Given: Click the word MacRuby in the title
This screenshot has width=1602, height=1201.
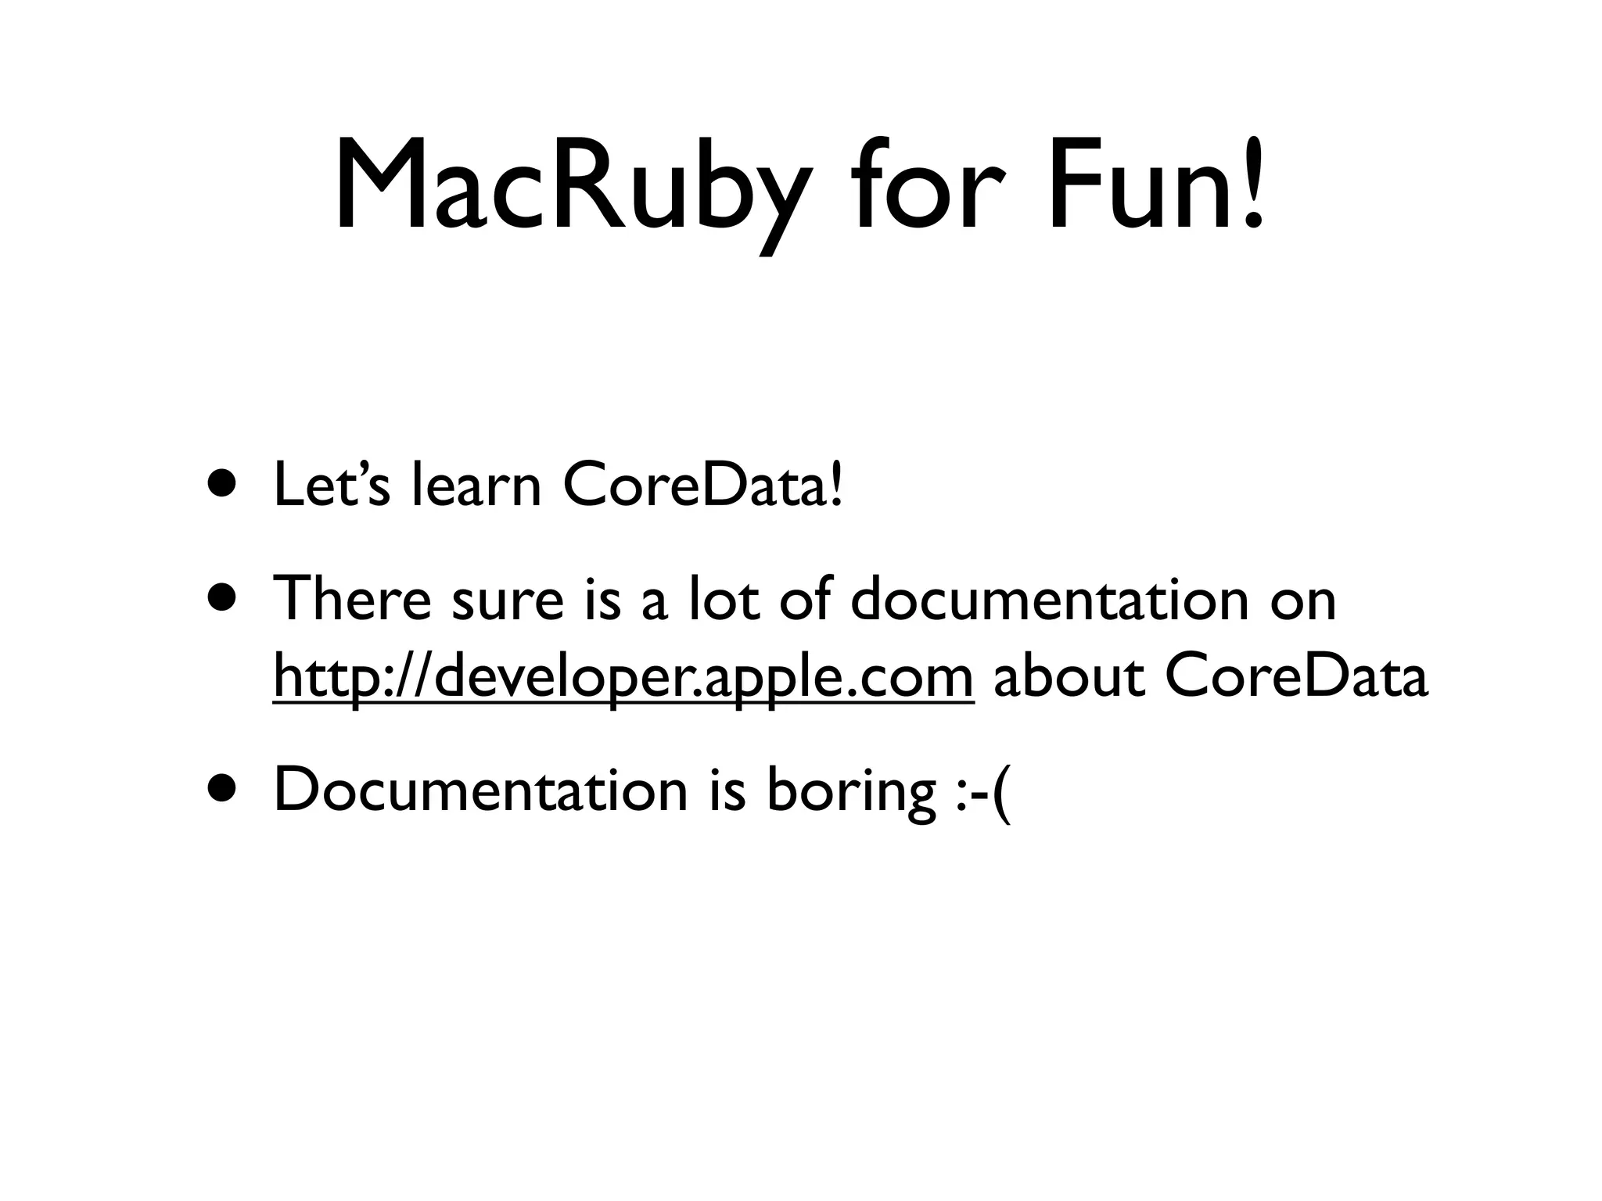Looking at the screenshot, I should tap(569, 188).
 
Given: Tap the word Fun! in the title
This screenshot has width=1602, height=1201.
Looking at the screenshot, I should tap(1156, 188).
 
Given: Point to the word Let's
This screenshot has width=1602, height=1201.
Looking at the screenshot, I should tap(331, 485).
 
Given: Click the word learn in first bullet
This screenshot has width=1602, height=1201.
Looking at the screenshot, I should tap(476, 485).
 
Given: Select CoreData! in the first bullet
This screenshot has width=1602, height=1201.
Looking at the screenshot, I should tap(703, 485).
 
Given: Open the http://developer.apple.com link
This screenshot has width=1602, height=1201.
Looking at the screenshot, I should tap(623, 677).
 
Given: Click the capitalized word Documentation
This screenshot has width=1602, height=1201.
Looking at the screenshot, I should tap(480, 790).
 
